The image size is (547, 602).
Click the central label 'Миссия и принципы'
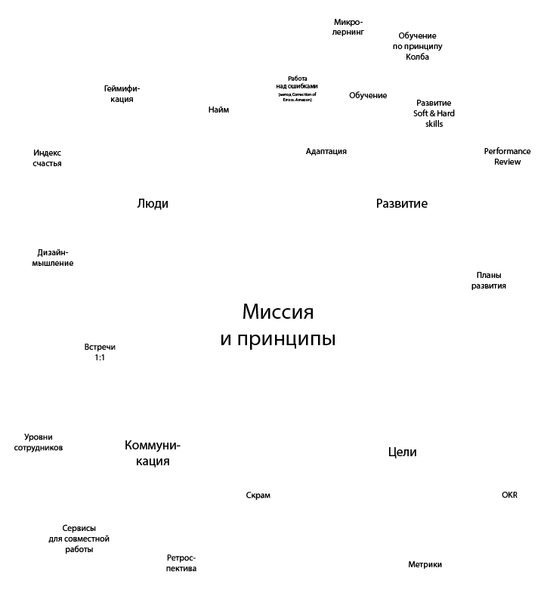click(277, 326)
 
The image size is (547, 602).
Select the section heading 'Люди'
click(153, 203)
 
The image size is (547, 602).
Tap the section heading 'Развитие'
click(401, 203)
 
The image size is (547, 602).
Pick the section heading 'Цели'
click(402, 452)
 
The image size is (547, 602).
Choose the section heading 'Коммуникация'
click(153, 453)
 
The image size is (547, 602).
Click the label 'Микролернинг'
click(348, 27)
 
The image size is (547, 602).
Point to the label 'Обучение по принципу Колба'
click(417, 46)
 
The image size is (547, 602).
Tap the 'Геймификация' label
click(122, 94)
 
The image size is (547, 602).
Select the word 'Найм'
click(218, 110)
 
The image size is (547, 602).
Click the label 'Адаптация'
click(326, 151)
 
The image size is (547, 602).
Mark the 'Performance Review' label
click(507, 156)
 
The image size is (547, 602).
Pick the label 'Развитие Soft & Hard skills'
click(434, 113)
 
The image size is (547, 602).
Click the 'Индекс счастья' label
click(48, 158)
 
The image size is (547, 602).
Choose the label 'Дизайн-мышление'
click(53, 258)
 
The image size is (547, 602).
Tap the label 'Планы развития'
click(489, 280)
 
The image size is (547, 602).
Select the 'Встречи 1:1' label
click(100, 352)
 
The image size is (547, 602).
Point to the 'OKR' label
click(510, 495)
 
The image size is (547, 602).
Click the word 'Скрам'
click(258, 495)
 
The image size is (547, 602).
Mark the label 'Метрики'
click(425, 564)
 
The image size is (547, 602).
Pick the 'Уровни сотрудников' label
click(39, 442)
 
